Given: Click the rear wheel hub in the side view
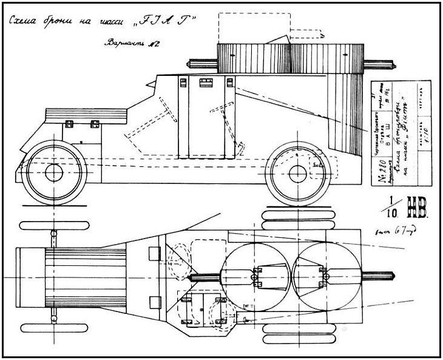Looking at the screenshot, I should [x=297, y=174].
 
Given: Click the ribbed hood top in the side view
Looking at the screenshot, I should [x=86, y=113].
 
